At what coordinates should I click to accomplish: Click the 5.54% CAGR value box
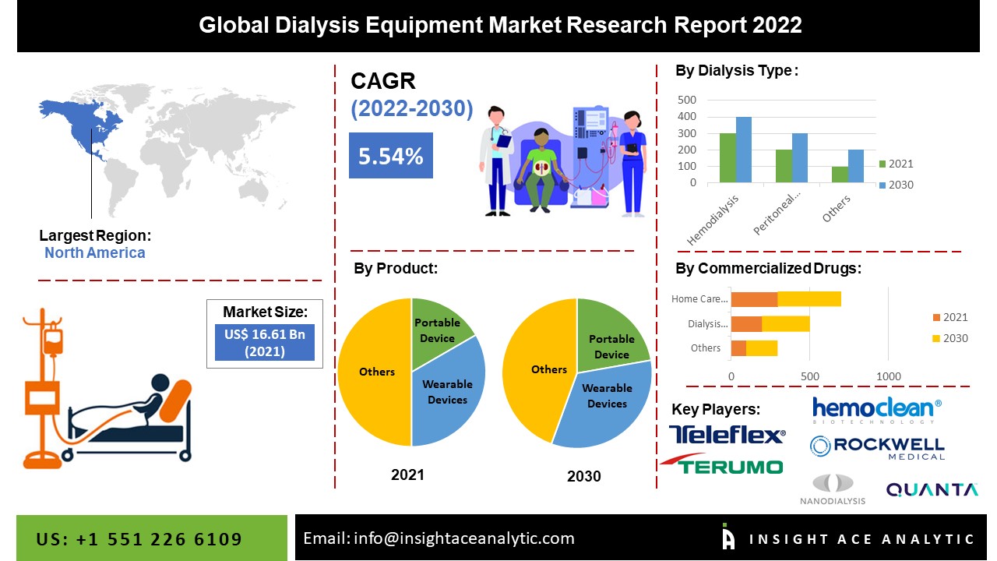390,156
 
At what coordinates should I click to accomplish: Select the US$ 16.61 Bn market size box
264,342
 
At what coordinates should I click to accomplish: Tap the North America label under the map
94,252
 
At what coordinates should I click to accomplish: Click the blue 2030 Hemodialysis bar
744,150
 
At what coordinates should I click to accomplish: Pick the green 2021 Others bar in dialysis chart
839,175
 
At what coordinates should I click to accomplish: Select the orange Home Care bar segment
754,298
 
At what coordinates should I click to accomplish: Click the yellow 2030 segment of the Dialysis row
785,323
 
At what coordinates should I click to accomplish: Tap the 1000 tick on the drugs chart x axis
888,376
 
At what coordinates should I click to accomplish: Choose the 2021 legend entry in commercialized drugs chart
949,317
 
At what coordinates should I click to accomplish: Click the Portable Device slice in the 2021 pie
439,330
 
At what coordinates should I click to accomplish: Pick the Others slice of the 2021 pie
375,372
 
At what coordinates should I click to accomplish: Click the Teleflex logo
727,435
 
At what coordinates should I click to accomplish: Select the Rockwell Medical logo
877,447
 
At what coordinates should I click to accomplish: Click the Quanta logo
932,489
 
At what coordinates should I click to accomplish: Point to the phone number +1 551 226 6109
139,539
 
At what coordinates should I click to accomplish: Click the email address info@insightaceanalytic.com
439,538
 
